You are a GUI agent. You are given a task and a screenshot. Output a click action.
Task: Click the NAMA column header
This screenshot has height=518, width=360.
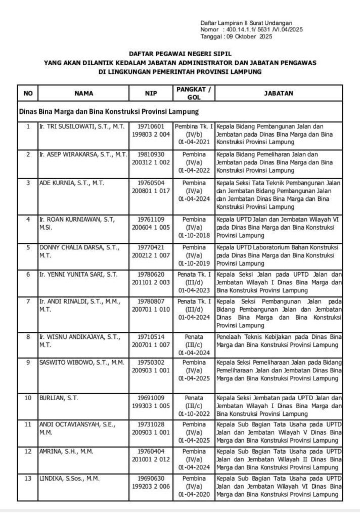pyautogui.click(x=83, y=93)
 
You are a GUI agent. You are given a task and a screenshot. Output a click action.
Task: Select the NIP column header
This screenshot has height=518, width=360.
pyautogui.click(x=151, y=93)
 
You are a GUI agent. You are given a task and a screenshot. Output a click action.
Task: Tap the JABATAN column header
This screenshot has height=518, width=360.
pyautogui.click(x=279, y=93)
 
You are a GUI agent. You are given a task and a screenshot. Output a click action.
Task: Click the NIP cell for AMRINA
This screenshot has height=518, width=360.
pyautogui.click(x=151, y=455)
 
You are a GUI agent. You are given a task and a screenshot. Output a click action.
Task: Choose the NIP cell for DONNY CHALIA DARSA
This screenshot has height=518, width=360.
pyautogui.click(x=151, y=252)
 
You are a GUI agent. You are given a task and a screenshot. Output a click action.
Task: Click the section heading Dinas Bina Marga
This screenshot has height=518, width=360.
pyautogui.click(x=109, y=111)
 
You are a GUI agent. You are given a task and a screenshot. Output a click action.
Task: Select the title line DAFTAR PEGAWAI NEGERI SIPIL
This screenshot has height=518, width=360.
pyautogui.click(x=180, y=53)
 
